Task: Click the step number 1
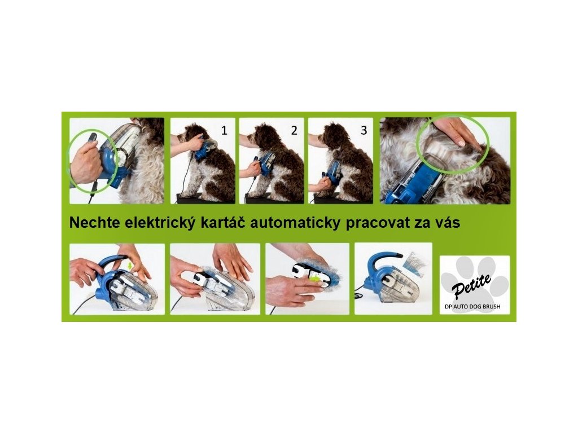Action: click(224, 131)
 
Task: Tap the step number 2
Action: click(294, 131)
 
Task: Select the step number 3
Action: click(364, 131)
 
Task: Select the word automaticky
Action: click(295, 223)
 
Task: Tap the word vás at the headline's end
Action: click(447, 224)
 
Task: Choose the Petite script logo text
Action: click(472, 286)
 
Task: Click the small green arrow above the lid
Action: click(129, 266)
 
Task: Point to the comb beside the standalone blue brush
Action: click(414, 261)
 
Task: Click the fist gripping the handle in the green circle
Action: click(84, 161)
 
